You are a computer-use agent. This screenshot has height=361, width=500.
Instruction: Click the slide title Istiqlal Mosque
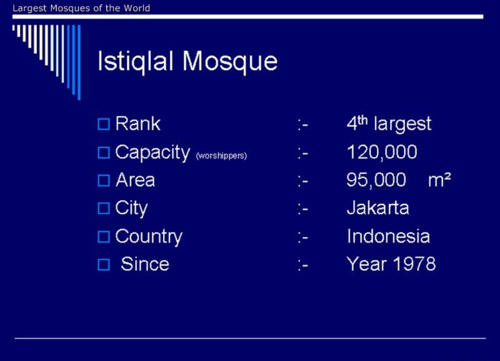[187, 61]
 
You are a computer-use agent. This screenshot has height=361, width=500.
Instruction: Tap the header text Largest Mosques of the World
[81, 8]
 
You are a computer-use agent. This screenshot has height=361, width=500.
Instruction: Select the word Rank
[137, 123]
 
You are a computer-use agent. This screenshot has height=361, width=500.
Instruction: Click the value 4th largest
[389, 123]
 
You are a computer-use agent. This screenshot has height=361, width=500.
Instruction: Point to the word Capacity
[152, 153]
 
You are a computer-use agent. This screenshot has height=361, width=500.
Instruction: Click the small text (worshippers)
[221, 156]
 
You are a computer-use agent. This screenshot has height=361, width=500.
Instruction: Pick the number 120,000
[382, 152]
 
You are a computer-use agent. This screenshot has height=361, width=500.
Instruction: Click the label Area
[135, 180]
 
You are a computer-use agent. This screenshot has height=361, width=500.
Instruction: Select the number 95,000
[376, 180]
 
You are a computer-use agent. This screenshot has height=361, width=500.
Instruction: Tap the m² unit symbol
[439, 180]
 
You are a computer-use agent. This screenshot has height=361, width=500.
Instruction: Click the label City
[131, 208]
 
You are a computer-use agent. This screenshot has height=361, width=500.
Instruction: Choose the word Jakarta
[378, 208]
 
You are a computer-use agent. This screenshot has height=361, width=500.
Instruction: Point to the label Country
[149, 237]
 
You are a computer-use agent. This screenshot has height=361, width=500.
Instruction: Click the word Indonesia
[388, 236]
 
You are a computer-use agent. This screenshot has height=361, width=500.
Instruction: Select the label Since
[145, 264]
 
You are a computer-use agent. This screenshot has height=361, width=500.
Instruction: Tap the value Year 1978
[391, 264]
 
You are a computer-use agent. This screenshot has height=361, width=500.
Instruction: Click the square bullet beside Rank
[104, 124]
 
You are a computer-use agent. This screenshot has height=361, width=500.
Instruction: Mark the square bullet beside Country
[104, 237]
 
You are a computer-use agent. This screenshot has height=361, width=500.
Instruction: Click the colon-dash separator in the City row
[303, 209]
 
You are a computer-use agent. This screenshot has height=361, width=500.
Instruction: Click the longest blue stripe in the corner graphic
[79, 62]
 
